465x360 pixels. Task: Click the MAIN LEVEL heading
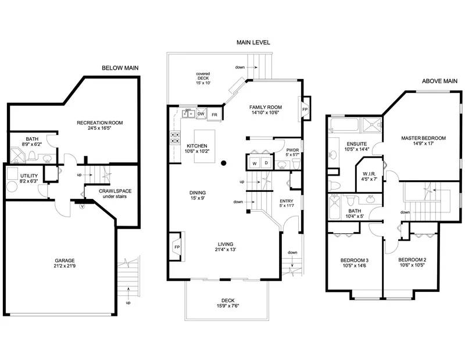click(x=253, y=42)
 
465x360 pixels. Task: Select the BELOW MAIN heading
click(x=121, y=68)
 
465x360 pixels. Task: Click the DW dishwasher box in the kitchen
click(x=201, y=115)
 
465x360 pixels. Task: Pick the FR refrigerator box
click(x=214, y=115)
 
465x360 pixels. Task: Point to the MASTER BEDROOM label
click(x=423, y=138)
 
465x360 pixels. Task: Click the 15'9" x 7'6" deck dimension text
click(x=228, y=306)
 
